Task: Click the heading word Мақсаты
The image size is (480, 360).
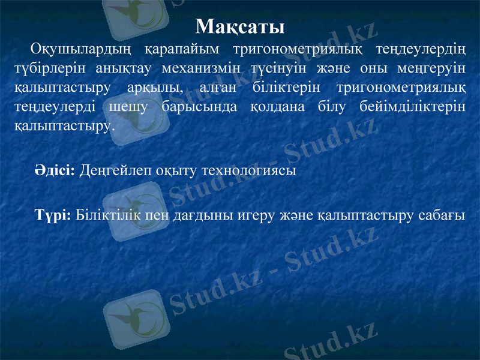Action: tap(240, 27)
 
